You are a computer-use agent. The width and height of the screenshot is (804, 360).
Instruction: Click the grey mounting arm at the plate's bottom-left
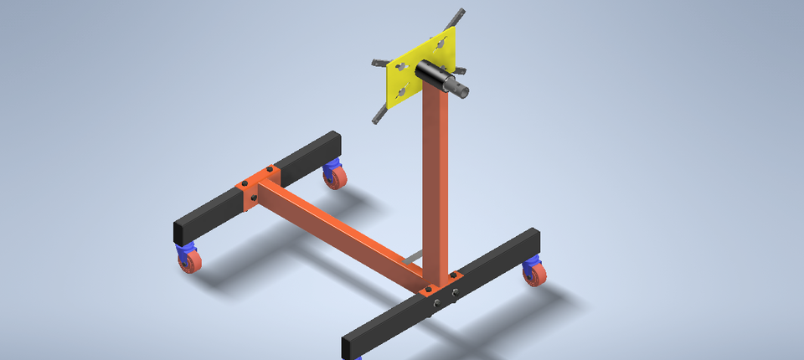point(381,112)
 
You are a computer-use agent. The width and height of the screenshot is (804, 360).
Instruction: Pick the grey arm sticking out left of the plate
point(379,61)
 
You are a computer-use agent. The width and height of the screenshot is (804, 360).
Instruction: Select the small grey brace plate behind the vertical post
point(410,260)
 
